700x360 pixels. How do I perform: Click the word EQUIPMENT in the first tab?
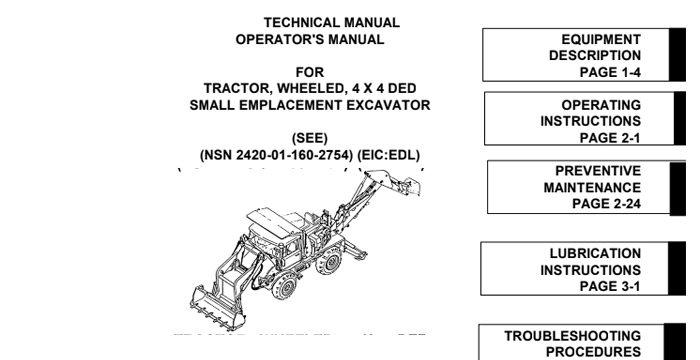pos(602,39)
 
